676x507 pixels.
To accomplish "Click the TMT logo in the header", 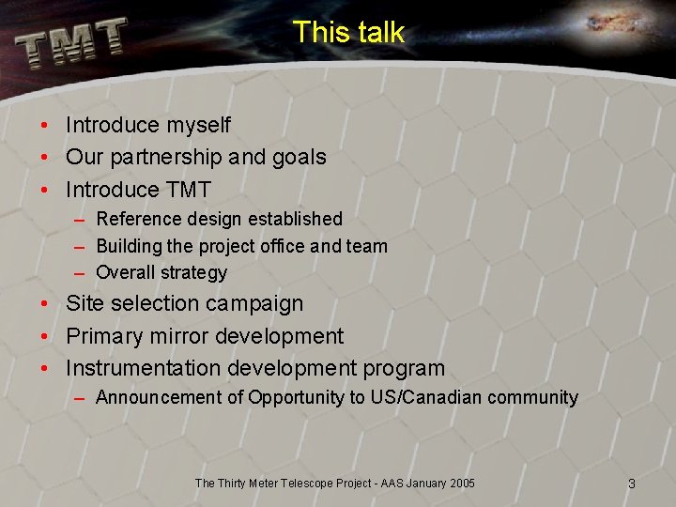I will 71,43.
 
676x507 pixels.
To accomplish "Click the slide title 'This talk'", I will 348,32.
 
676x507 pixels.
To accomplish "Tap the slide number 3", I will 631,484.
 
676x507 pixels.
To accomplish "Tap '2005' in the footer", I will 460,484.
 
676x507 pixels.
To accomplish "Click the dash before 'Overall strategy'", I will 80,273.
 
